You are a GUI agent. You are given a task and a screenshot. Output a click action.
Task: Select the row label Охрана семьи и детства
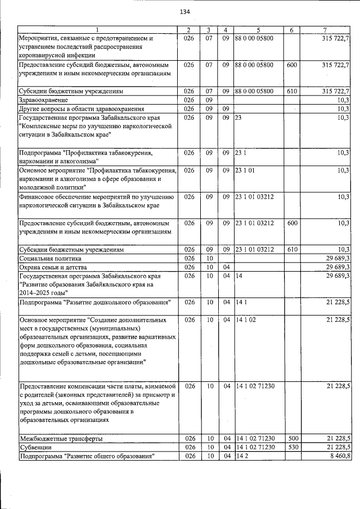tap(54, 267)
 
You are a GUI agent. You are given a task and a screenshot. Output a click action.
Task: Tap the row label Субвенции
tap(35, 447)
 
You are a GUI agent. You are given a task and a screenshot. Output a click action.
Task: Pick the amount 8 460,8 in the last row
tap(337, 456)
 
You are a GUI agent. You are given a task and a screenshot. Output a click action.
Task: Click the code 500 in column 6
tap(291, 438)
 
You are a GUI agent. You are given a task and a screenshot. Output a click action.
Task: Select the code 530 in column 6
tap(291, 447)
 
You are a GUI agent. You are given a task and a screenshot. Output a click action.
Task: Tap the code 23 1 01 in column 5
tap(247, 170)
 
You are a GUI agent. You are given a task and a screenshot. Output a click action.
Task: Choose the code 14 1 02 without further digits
tap(247, 319)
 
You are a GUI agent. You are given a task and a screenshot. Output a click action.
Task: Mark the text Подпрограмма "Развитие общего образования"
tap(87, 456)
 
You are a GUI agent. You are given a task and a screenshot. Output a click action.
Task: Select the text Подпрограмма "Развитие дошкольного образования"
tap(94, 303)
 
